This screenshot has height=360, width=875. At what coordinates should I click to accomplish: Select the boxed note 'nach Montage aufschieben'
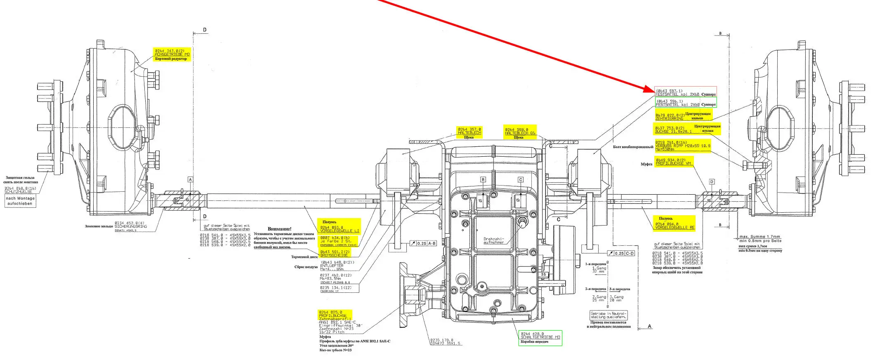(x=20, y=201)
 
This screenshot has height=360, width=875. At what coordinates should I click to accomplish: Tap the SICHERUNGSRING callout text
(x=130, y=226)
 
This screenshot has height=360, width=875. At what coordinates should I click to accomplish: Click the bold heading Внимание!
(x=279, y=229)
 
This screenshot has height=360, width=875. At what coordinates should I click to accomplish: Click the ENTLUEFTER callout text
(x=332, y=266)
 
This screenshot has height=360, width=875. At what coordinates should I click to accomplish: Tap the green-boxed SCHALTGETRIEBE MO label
(x=540, y=337)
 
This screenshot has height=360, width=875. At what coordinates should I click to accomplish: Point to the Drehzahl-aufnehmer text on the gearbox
(x=493, y=240)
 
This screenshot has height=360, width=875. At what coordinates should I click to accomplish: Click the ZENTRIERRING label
(x=669, y=118)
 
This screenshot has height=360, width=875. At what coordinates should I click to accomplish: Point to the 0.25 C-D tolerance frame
(x=620, y=253)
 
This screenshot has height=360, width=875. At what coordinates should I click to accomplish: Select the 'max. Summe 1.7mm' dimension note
(x=759, y=237)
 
